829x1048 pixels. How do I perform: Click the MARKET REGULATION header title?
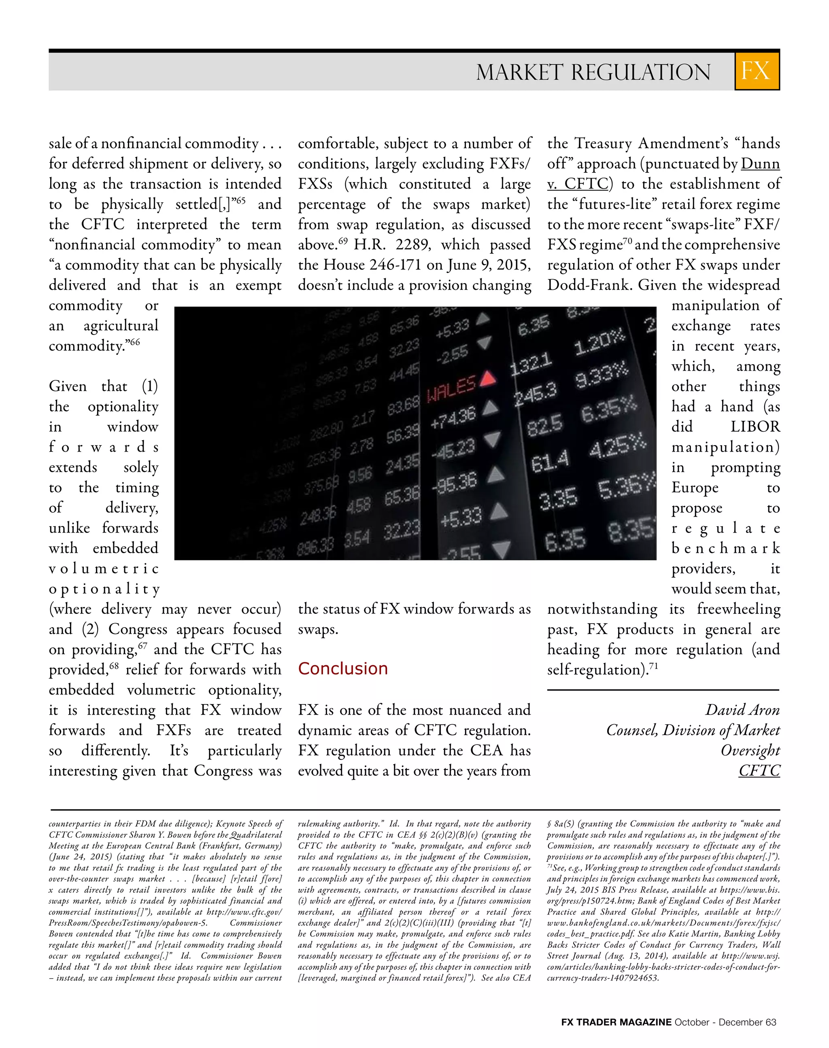coord(593,72)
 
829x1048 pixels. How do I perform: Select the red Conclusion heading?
coord(343,668)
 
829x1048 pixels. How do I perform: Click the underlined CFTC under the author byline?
coord(759,771)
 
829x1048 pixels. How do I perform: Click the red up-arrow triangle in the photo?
coord(488,378)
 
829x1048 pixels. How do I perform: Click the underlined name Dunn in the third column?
coord(760,164)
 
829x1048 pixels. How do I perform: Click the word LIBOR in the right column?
coord(755,427)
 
